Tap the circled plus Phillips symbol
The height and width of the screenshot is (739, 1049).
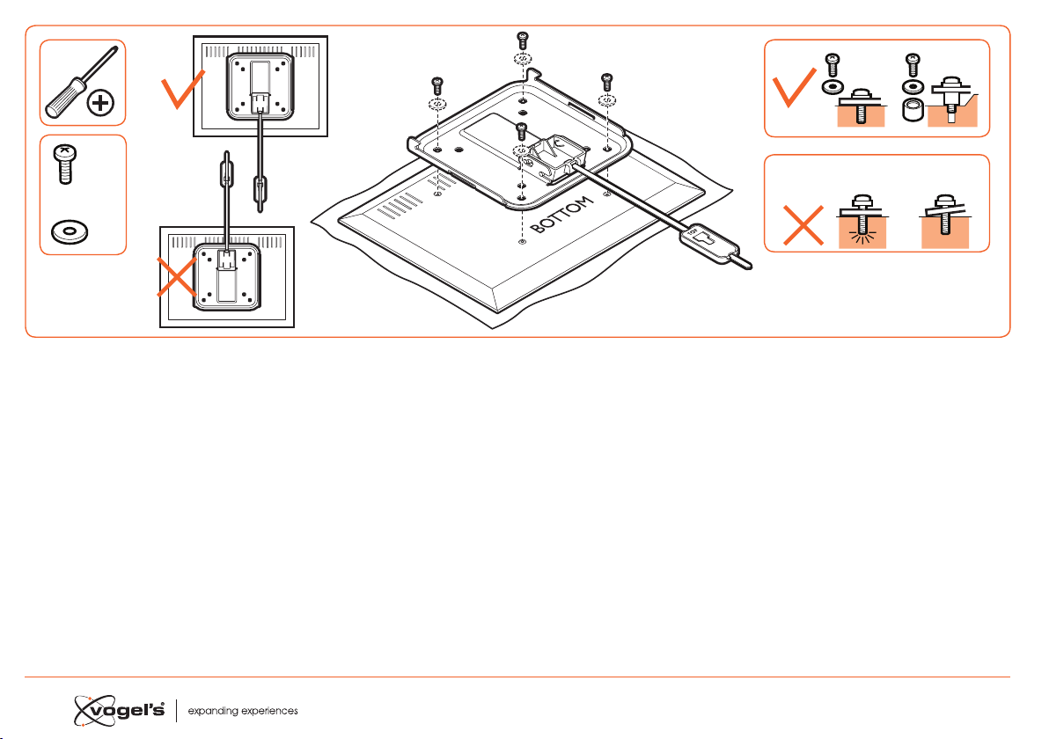pyautogui.click(x=100, y=103)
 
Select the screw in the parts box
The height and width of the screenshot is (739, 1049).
pyautogui.click(x=64, y=164)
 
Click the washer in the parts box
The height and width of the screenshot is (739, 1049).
pyautogui.click(x=70, y=232)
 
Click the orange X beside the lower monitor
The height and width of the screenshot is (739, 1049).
pyautogui.click(x=177, y=276)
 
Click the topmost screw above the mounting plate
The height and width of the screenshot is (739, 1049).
pyautogui.click(x=523, y=40)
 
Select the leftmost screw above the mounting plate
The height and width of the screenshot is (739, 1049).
pyautogui.click(x=436, y=85)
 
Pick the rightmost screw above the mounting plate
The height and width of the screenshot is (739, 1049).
pyautogui.click(x=607, y=82)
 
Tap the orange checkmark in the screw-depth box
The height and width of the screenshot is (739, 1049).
pyautogui.click(x=794, y=87)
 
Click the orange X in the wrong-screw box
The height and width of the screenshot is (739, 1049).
pyautogui.click(x=803, y=224)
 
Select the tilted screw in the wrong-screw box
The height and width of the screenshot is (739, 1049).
pyautogui.click(x=944, y=213)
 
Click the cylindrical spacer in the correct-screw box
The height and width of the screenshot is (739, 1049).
pyautogui.click(x=913, y=110)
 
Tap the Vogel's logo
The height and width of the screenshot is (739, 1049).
pyautogui.click(x=119, y=710)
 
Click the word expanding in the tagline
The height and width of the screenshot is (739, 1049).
pyautogui.click(x=209, y=711)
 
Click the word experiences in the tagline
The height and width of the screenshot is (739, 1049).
pyautogui.click(x=267, y=711)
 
